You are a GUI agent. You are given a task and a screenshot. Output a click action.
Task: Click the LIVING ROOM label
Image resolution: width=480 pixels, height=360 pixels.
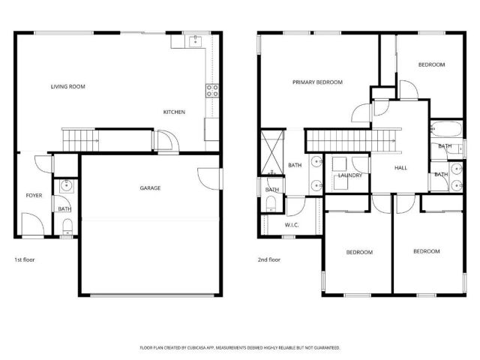click(67, 87)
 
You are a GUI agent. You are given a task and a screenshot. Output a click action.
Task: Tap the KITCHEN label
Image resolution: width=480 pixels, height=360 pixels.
click(174, 112)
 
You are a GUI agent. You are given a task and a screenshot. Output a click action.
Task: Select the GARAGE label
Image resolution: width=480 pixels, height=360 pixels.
click(149, 188)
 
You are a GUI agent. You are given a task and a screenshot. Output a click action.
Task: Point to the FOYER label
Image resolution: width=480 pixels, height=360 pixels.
click(34, 195)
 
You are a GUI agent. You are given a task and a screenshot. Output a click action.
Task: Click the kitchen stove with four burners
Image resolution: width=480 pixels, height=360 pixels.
click(212, 91)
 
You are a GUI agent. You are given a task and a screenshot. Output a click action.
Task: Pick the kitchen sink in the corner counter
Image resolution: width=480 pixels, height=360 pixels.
click(196, 40)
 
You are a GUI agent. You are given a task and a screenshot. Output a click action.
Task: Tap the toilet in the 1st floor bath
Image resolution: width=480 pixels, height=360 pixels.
click(66, 227)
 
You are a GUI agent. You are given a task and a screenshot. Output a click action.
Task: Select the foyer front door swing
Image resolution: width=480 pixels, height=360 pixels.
click(31, 223)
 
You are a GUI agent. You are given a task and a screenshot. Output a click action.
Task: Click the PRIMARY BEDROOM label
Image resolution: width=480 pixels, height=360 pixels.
click(317, 82)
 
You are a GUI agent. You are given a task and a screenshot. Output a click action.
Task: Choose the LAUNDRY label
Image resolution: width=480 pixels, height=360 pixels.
click(350, 175)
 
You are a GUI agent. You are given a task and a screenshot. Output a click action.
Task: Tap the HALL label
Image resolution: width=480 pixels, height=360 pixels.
click(400, 167)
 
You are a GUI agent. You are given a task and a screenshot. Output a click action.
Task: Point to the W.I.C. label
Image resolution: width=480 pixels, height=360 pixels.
click(292, 225)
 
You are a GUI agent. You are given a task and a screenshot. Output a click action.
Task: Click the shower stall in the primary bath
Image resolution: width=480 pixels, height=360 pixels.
click(271, 152)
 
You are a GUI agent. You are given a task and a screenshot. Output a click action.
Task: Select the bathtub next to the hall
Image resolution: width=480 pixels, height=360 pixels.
click(445, 128)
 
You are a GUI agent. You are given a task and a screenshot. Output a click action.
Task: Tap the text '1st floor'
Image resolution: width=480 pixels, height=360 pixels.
click(25, 259)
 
